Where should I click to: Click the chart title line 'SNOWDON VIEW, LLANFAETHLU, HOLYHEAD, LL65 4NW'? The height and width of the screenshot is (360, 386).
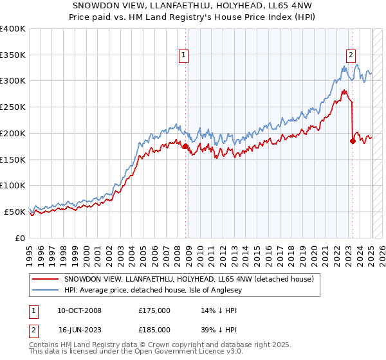click(192, 6)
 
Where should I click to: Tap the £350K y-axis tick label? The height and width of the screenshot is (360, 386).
click(13, 55)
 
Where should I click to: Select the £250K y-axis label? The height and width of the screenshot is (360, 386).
click(13, 107)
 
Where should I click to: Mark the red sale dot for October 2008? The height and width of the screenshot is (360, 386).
click(186, 147)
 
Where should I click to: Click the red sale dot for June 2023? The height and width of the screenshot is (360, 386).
click(353, 141)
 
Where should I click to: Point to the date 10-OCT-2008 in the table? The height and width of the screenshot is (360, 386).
click(79, 310)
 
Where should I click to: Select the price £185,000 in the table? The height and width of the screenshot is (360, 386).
click(154, 330)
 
